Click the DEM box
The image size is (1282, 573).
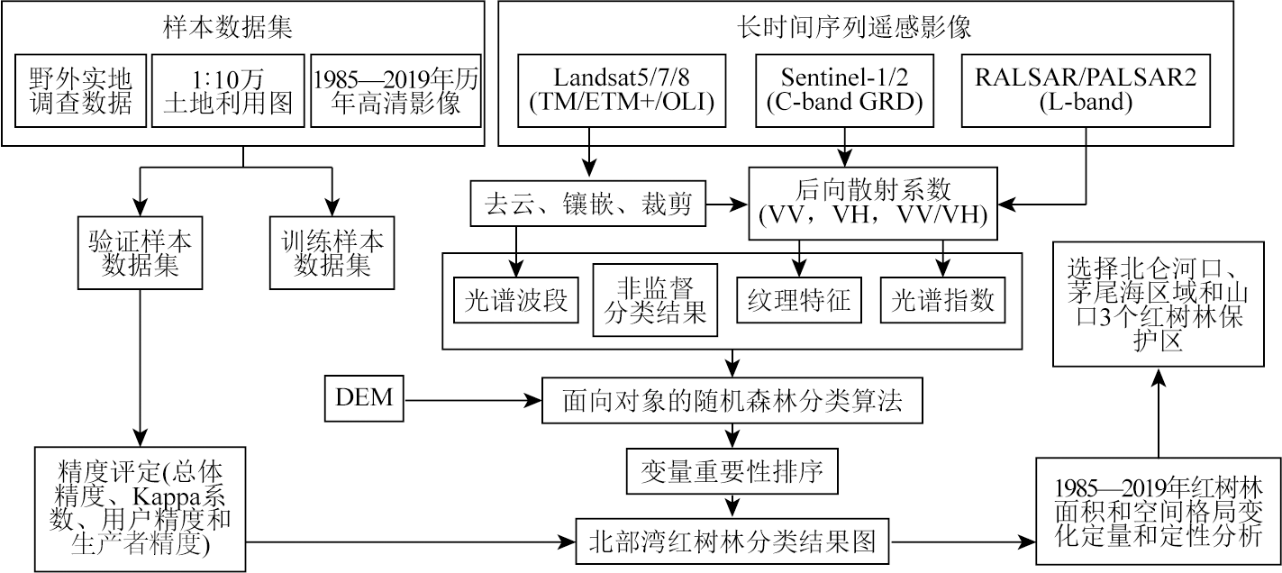(363, 397)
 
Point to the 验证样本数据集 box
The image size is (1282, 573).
(139, 252)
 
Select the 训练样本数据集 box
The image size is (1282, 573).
(332, 252)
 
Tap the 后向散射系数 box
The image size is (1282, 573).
(874, 203)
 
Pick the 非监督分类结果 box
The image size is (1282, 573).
(655, 300)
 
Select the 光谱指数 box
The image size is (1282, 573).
(943, 300)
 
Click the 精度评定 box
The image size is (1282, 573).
(139, 507)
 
